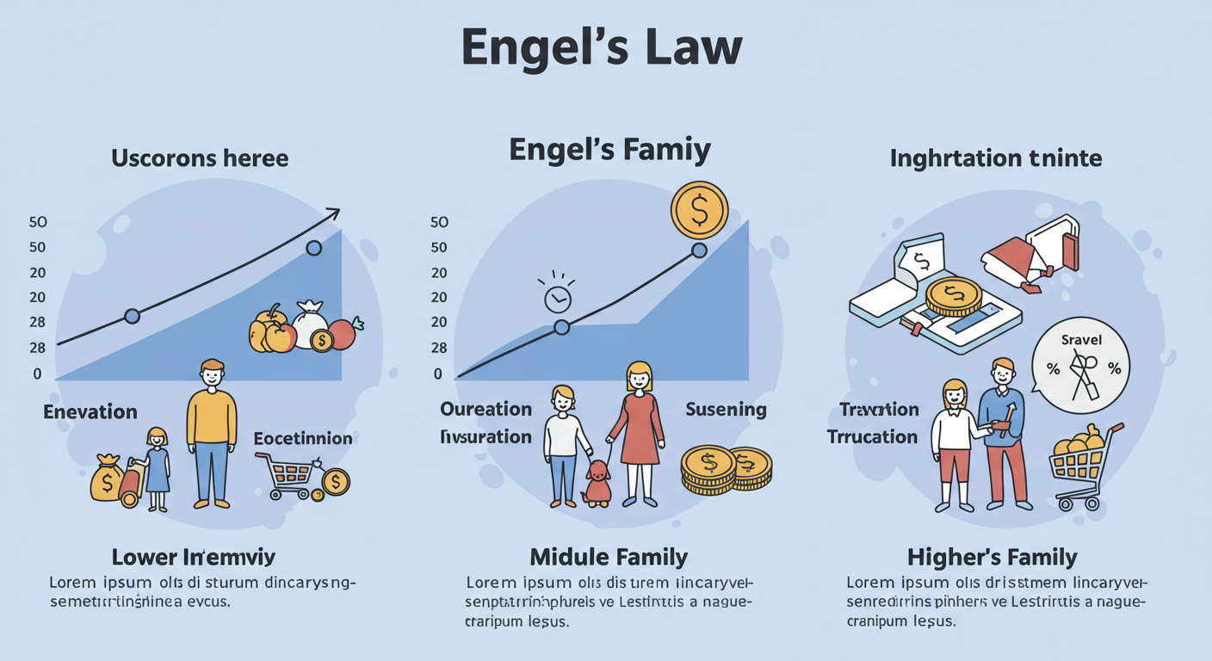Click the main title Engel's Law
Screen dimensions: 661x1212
click(x=602, y=48)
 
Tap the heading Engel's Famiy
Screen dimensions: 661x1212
click(x=609, y=150)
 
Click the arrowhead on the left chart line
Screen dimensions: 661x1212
click(x=333, y=213)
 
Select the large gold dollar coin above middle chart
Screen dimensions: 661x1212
click(x=699, y=210)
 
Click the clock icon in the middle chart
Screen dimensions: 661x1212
click(x=558, y=297)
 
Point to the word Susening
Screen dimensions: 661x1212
click(x=725, y=410)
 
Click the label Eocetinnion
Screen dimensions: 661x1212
click(x=303, y=438)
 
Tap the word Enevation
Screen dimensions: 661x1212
click(x=90, y=411)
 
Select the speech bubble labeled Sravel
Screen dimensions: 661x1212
click(x=1081, y=365)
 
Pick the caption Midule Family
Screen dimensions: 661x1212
click(x=609, y=557)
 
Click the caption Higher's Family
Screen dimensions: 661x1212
click(x=992, y=557)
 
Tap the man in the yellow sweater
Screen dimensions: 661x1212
click(x=211, y=430)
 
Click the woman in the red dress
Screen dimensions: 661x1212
click(x=637, y=430)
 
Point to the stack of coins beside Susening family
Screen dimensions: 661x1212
click(x=726, y=470)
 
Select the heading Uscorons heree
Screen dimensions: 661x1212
click(x=199, y=159)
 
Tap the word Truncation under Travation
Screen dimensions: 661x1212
click(x=872, y=436)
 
